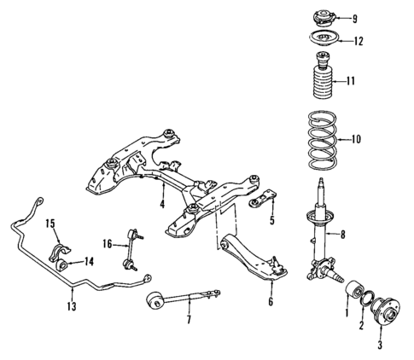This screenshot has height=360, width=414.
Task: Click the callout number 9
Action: click(356, 17)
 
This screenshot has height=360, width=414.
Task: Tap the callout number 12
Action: click(358, 41)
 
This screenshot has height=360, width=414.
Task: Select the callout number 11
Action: click(352, 81)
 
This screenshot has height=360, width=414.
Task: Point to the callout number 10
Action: click(357, 138)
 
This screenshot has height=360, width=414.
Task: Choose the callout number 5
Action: click(271, 221)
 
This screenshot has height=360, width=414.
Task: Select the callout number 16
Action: click(107, 244)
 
